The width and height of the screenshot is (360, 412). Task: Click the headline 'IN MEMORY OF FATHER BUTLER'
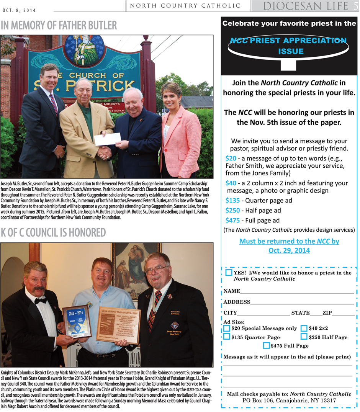(59, 26)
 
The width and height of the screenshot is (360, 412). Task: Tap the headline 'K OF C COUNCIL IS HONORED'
(53, 232)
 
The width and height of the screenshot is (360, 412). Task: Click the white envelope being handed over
(107, 139)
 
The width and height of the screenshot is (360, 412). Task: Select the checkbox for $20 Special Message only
(227, 328)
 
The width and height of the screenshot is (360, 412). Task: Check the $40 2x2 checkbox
(304, 328)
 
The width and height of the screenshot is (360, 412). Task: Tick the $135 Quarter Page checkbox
(227, 337)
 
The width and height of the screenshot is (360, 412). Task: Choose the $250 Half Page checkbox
(304, 337)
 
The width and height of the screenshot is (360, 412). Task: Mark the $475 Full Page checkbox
(266, 345)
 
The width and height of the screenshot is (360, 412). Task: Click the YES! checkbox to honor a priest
(229, 273)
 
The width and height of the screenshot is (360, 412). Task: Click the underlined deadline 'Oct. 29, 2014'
(289, 251)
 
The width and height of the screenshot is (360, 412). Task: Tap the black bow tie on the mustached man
(40, 301)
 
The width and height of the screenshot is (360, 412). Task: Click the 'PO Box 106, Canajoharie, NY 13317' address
(289, 401)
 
